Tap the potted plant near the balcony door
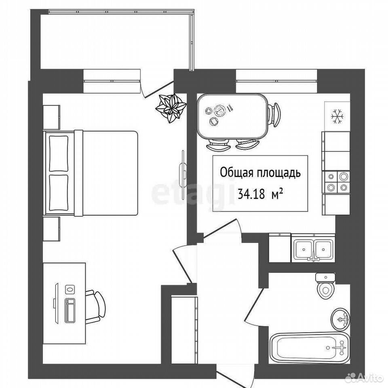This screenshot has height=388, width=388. pyautogui.click(x=171, y=108)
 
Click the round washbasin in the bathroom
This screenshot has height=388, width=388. pyautogui.click(x=340, y=319)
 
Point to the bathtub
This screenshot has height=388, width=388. pyautogui.click(x=309, y=348)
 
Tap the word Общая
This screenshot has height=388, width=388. pyautogui.click(x=236, y=173)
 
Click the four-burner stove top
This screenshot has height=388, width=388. pyautogui.click(x=336, y=182)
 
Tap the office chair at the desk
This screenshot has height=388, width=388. pyautogui.click(x=95, y=307)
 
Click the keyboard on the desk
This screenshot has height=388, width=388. pyautogui.click(x=70, y=310)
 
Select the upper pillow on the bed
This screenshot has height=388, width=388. pyautogui.click(x=59, y=154)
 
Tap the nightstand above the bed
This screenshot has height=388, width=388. pyautogui.click(x=51, y=117)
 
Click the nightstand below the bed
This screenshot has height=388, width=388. pyautogui.click(x=51, y=229)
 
